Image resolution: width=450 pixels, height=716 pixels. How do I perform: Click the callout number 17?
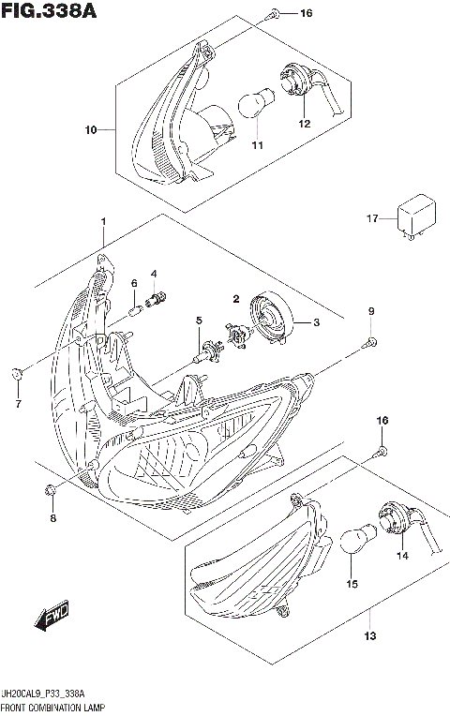pos(371,218)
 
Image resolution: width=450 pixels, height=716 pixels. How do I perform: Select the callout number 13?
pos(370,638)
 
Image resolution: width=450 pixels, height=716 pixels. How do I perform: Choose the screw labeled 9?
pos(370,343)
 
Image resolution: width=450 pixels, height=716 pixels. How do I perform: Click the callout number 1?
pos(103,220)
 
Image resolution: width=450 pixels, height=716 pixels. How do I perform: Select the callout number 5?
pos(198,321)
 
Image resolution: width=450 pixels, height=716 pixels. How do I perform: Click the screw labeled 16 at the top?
pos(273,14)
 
